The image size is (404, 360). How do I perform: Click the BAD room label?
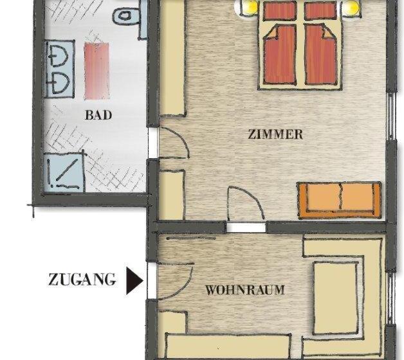[98, 116]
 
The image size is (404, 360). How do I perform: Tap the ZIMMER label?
[275, 135]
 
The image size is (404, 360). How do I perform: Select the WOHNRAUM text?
[244, 290]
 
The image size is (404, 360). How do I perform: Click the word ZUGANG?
[82, 280]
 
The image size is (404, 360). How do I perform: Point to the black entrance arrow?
[134, 280]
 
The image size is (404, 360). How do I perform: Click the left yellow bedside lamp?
[248, 7]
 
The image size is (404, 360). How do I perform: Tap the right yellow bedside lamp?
[352, 7]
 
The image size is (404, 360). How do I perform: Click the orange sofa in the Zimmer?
[338, 198]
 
